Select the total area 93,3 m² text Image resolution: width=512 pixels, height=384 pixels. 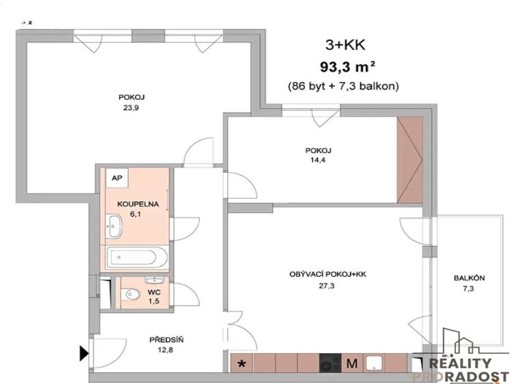coord(347,67)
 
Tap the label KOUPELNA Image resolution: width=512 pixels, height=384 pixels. coord(138,204)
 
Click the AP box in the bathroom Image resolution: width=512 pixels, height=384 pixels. coord(117,178)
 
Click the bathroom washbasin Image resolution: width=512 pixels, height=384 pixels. coord(114,222)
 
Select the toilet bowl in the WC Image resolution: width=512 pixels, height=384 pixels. coord(132,294)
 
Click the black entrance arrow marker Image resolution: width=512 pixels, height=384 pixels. coord(84,353)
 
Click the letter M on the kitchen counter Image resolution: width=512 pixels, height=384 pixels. coord(352,364)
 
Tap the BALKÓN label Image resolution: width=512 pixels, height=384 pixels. coord(469,278)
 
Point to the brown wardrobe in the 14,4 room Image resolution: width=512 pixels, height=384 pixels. coord(412,160)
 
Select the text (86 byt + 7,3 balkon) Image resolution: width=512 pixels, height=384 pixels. coord(343,86)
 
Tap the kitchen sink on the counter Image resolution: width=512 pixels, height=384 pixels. coord(375,363)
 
